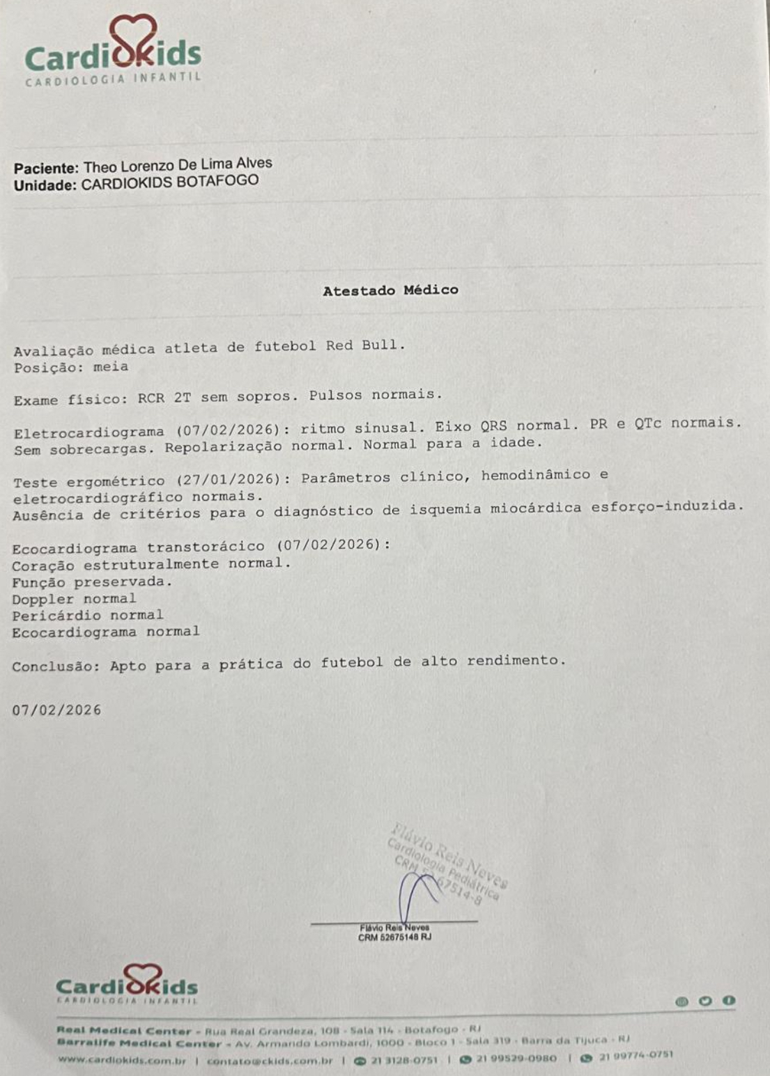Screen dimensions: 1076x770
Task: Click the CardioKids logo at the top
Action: coord(113,52)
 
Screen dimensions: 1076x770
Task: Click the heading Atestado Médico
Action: coord(390,290)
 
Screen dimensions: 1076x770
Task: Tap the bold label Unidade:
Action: coord(45,186)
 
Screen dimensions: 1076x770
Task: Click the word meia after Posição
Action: coord(111,366)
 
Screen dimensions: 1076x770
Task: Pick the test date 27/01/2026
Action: coord(229,479)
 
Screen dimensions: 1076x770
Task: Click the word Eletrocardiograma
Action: coord(89,432)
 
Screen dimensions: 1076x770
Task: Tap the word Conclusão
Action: coord(55,666)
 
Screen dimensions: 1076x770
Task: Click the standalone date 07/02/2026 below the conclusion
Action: coord(56,710)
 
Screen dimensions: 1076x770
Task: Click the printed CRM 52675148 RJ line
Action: coord(394,937)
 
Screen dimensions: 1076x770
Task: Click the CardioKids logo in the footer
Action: coord(127,983)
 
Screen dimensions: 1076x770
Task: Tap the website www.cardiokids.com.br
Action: coord(122,1059)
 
